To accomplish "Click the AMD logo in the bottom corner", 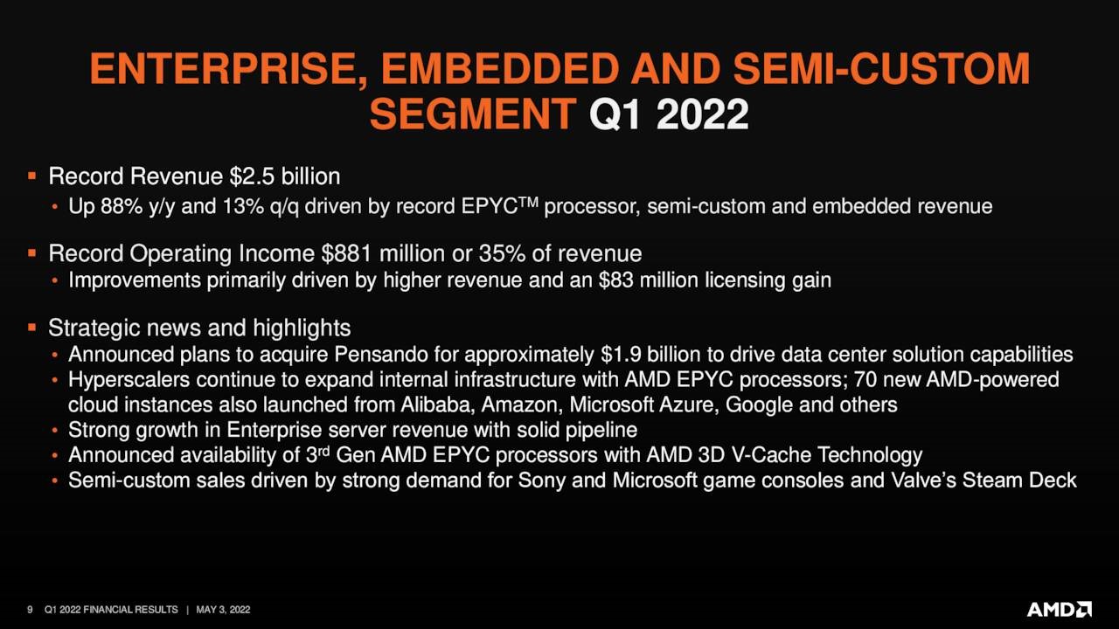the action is pyautogui.click(x=1059, y=609).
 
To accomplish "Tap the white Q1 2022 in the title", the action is pyautogui.click(x=669, y=114).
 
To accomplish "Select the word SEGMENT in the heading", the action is pyautogui.click(x=473, y=114).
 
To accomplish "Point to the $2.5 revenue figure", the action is pyautogui.click(x=253, y=176).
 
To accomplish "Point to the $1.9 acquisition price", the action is pyautogui.click(x=621, y=355).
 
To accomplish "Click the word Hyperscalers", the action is pyautogui.click(x=129, y=380).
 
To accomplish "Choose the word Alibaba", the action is pyautogui.click(x=438, y=404).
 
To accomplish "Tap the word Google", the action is pyautogui.click(x=759, y=405).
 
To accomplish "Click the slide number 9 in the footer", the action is pyautogui.click(x=30, y=610).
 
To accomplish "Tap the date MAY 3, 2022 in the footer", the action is pyautogui.click(x=223, y=610).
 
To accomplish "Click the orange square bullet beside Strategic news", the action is pyautogui.click(x=32, y=328).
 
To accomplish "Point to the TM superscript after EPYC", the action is pyautogui.click(x=528, y=202).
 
